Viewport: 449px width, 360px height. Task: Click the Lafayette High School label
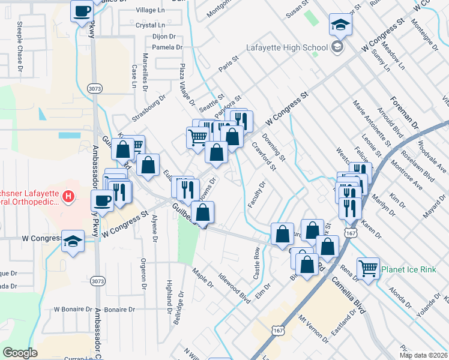point(287,47)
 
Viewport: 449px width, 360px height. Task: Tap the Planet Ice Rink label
point(411,269)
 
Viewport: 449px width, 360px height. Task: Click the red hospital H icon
point(69,196)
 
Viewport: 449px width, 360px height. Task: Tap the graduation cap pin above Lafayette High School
point(340,25)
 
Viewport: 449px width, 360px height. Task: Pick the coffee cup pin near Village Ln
point(82,10)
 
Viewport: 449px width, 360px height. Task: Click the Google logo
point(20,353)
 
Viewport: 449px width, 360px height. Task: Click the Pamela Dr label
point(163,47)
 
